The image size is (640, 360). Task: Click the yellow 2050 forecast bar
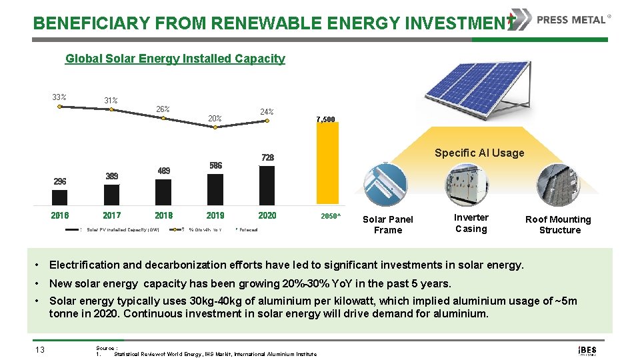click(x=327, y=164)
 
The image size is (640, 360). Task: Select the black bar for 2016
click(x=59, y=197)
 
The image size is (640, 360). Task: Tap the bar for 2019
click(x=215, y=189)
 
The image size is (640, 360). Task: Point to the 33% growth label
click(x=59, y=97)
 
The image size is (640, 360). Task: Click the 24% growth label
click(x=266, y=111)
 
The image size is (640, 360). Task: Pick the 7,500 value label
click(x=326, y=119)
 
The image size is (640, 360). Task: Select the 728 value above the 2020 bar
click(x=267, y=157)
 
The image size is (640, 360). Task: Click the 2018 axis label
click(x=163, y=215)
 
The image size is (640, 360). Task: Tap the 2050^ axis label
click(x=330, y=216)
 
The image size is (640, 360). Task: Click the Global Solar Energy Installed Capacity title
click(x=175, y=59)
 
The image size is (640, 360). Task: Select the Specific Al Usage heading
click(x=479, y=153)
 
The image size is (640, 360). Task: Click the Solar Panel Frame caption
click(x=388, y=225)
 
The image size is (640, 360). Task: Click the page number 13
click(x=39, y=349)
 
